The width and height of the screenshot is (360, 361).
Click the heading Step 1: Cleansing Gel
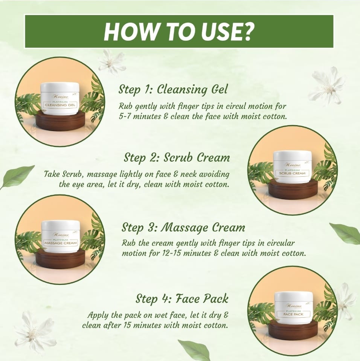point(173,89)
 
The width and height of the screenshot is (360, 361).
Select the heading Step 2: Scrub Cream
point(177,158)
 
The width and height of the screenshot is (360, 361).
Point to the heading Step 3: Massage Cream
point(183,228)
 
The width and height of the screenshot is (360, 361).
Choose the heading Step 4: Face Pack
point(182,299)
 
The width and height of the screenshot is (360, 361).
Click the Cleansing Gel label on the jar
point(60,105)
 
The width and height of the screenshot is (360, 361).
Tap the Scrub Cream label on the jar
point(292,173)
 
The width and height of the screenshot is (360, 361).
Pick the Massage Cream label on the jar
point(61,243)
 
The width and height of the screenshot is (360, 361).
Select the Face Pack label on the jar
point(293,314)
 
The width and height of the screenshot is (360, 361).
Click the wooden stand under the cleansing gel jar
point(60,121)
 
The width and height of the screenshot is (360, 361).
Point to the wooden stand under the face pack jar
point(293,330)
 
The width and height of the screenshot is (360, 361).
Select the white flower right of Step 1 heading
point(328,87)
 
